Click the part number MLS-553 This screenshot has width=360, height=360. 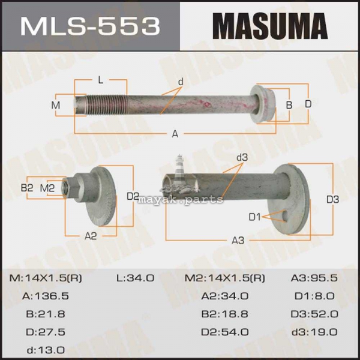[90, 26]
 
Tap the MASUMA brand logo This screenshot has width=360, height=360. [270, 26]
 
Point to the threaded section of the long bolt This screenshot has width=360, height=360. [105, 104]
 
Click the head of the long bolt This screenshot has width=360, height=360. [262, 104]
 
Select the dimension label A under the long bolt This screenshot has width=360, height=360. [175, 133]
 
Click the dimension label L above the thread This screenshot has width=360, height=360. [101, 80]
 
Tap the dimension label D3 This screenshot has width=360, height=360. [332, 200]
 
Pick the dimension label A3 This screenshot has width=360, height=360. [238, 241]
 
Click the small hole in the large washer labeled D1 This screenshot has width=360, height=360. [286, 215]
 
